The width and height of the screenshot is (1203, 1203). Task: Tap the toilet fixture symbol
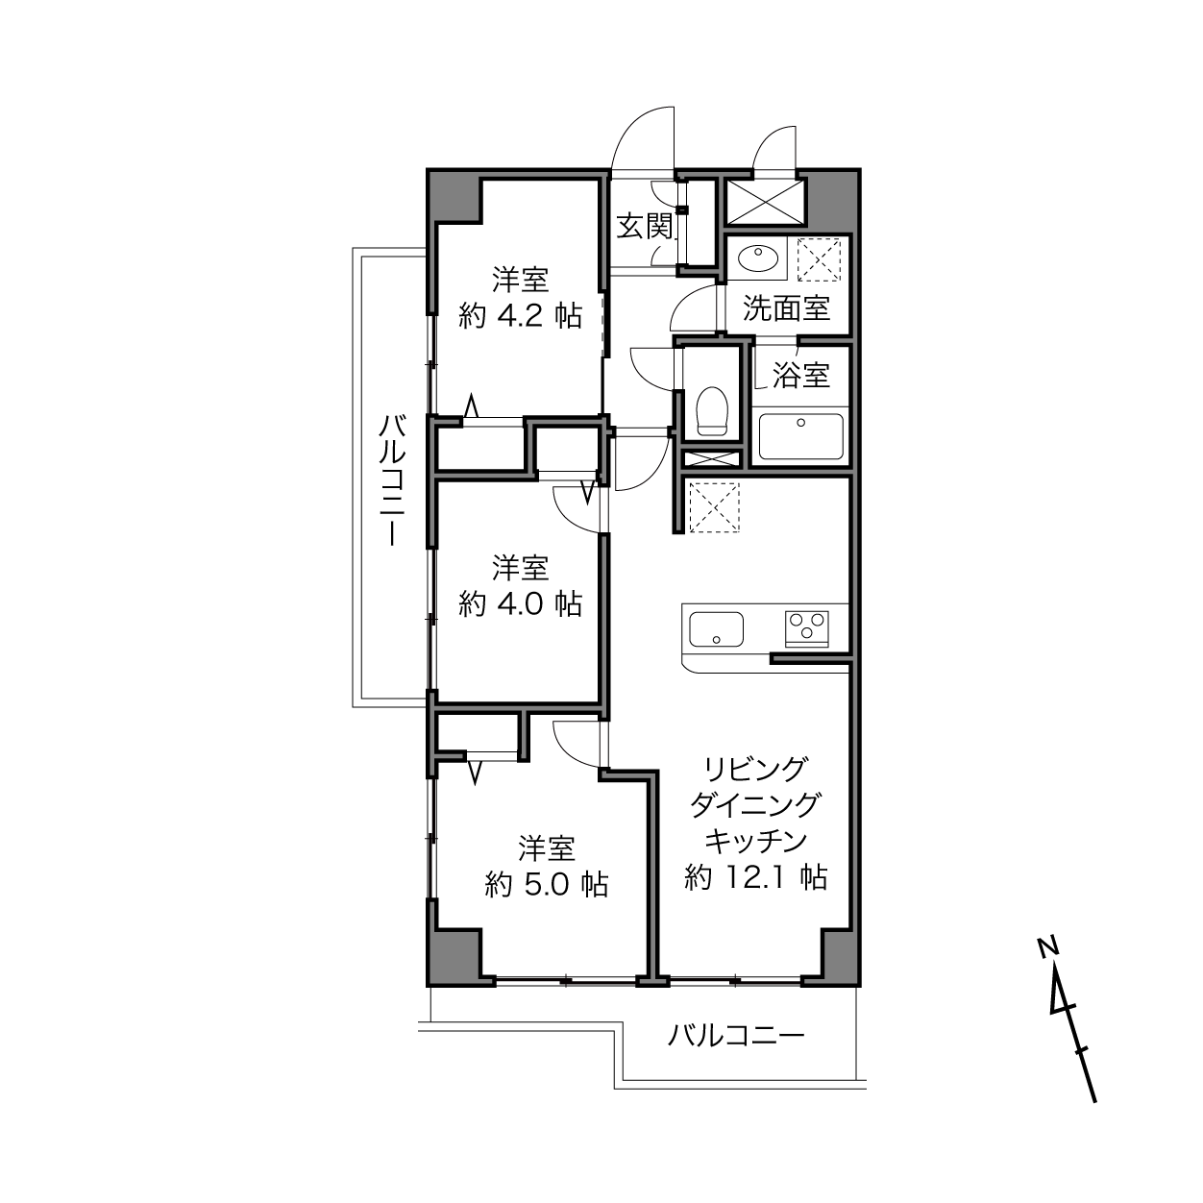[x=712, y=411]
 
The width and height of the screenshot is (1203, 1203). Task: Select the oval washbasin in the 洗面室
[x=758, y=256]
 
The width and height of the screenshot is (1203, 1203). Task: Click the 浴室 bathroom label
[x=801, y=375]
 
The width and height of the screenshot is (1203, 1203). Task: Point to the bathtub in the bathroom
[x=801, y=436]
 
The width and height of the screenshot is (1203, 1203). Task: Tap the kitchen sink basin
[x=716, y=629]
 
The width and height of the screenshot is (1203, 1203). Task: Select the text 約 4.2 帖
[x=520, y=316]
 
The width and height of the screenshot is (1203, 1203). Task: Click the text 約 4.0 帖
[x=520, y=603]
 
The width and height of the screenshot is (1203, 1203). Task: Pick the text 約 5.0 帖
[x=547, y=884]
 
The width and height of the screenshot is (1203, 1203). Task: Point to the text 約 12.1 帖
[x=756, y=877]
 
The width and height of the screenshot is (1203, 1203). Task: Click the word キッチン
[x=756, y=841]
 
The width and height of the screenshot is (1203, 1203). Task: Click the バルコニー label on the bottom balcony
[x=736, y=1037]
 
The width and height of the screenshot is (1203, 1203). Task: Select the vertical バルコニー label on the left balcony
[x=393, y=480]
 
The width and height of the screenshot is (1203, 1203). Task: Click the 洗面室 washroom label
[x=786, y=308]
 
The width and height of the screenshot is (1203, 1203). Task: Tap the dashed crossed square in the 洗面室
[x=820, y=259]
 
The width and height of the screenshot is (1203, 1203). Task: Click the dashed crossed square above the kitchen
[x=714, y=507]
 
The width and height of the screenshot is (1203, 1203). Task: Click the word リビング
[x=756, y=769]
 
